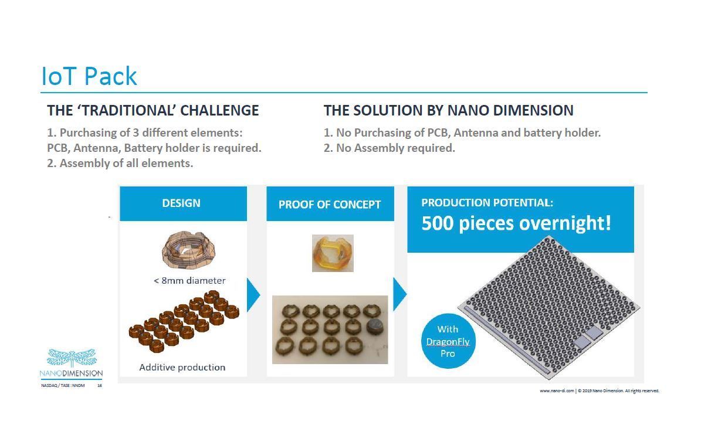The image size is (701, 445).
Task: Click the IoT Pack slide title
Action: (x=89, y=76)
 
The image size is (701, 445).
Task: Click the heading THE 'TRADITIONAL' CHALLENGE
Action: (x=153, y=110)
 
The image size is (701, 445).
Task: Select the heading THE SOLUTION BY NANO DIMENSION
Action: (x=448, y=110)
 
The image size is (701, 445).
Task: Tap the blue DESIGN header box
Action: (x=183, y=203)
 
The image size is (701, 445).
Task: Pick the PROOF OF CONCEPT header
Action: (x=330, y=204)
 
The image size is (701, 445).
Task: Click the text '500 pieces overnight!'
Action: (x=516, y=223)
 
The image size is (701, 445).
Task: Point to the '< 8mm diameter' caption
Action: (x=189, y=281)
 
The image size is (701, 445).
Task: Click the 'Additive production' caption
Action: (x=182, y=367)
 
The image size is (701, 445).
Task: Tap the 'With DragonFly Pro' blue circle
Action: (x=448, y=341)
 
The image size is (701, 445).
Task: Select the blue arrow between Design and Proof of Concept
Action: (x=253, y=295)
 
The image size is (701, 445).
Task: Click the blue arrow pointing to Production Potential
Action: (x=399, y=294)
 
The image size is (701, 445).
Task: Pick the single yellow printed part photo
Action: (x=333, y=253)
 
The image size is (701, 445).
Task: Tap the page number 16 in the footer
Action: (x=100, y=386)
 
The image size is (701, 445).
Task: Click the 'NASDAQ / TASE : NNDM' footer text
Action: (x=63, y=386)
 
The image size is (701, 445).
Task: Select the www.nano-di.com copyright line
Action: (x=600, y=391)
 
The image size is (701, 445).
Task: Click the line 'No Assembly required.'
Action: (x=389, y=148)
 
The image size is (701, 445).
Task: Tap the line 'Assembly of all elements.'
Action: (x=120, y=164)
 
